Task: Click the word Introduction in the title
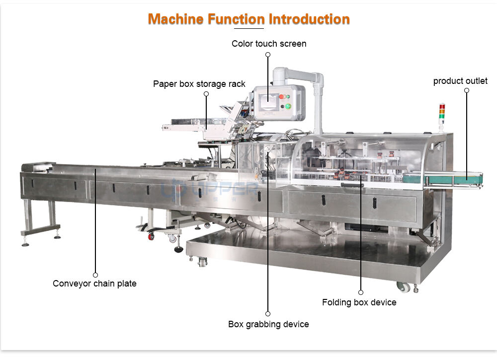(x=309, y=19)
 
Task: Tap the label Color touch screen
(x=269, y=44)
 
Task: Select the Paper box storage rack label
(x=199, y=84)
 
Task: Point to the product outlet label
(x=460, y=81)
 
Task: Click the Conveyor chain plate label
(x=94, y=284)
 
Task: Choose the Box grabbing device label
(x=268, y=324)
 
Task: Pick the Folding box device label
(x=359, y=302)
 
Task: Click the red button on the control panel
(x=282, y=97)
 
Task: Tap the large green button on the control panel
(x=287, y=106)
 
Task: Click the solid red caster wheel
(x=151, y=236)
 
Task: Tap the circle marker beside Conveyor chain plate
(x=95, y=275)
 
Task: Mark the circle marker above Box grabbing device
(x=268, y=314)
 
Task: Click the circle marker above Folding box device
(x=361, y=292)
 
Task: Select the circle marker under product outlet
(x=467, y=90)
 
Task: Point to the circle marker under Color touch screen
(x=268, y=55)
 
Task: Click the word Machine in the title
(x=176, y=19)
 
